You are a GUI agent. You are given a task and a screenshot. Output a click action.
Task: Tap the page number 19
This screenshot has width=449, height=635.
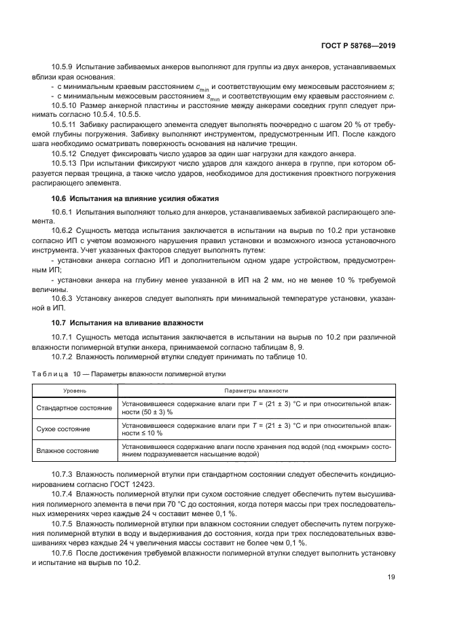(x=391, y=578)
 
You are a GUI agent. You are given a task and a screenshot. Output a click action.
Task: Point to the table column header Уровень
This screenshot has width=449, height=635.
(x=75, y=391)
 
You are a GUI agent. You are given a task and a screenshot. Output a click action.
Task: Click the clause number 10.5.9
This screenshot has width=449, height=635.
(x=65, y=68)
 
